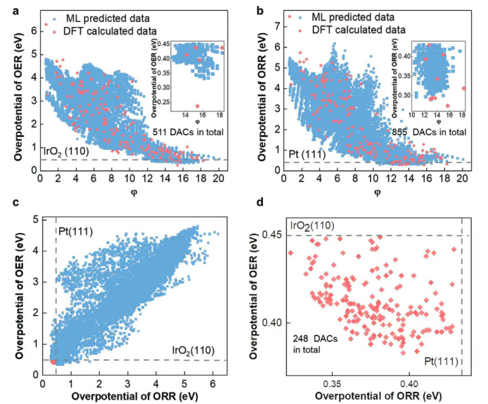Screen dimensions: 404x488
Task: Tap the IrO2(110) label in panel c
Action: [x=191, y=350]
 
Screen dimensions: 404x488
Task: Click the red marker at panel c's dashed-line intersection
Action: [x=53, y=361]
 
